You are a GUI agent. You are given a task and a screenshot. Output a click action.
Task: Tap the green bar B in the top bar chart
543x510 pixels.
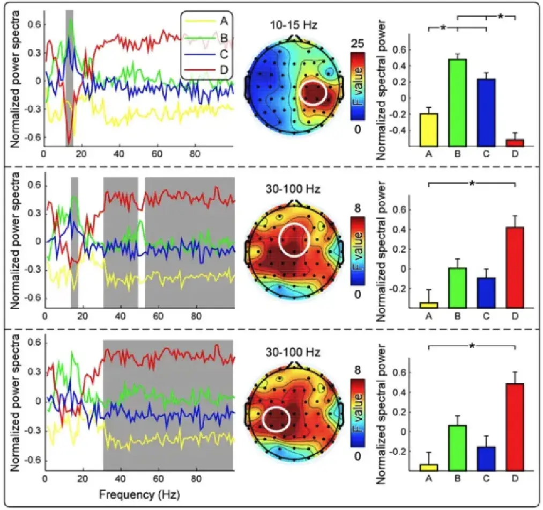(x=457, y=103)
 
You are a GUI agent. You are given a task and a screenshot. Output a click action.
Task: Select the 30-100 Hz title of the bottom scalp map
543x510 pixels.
(x=293, y=352)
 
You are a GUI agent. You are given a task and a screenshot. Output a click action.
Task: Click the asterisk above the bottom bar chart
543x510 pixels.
(x=471, y=346)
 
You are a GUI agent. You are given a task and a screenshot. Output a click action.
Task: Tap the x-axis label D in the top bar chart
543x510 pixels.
(x=515, y=157)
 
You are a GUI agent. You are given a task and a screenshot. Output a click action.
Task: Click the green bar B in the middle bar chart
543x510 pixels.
(x=457, y=288)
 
